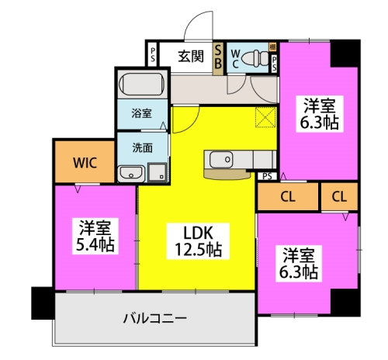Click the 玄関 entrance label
click(190, 55)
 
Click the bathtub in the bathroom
click(141, 82)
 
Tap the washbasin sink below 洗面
click(130, 171)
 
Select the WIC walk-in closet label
click(85, 163)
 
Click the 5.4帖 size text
click(95, 245)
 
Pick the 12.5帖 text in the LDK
click(198, 250)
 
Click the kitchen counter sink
click(220, 159)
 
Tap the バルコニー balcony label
click(154, 318)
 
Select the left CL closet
click(287, 196)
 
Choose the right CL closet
click(338, 196)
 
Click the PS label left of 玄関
click(153, 55)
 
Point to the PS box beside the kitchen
click(267, 176)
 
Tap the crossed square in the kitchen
click(266, 119)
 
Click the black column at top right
click(345, 53)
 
